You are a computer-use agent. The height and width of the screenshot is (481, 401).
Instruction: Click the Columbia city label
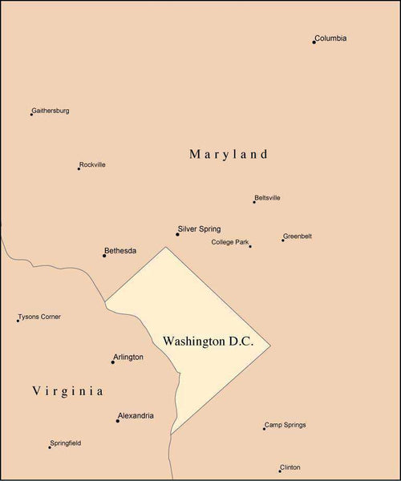point(330,38)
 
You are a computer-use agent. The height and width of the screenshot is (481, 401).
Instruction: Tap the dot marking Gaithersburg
point(31,115)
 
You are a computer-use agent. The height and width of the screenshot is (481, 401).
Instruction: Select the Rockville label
point(92,165)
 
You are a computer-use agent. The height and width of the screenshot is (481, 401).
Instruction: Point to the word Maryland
point(229,154)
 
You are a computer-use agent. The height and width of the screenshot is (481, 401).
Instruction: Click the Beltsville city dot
point(254,202)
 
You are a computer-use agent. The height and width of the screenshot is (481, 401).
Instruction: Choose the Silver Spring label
point(199,229)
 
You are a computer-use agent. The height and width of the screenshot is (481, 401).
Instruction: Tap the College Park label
point(230,242)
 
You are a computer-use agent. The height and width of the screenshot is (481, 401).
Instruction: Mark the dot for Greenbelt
point(282,240)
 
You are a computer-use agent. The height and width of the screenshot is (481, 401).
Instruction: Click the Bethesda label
point(121,251)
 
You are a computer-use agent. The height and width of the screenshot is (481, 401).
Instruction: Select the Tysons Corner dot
point(18,321)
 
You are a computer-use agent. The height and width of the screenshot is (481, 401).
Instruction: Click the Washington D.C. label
point(208,342)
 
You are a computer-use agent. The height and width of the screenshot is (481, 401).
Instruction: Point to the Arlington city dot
point(112,362)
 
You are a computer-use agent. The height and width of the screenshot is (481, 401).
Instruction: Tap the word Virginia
point(68,391)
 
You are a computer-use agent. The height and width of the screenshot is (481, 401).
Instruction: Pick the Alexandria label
point(136,416)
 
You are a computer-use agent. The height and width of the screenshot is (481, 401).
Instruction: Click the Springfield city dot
point(49,447)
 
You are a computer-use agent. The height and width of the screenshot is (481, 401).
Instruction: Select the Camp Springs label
point(286,425)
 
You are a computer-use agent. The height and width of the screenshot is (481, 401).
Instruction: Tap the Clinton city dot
point(280,471)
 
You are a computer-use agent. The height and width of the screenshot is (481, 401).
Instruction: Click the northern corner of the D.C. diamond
point(166,247)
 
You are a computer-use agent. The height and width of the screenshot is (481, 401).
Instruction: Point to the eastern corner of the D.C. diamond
point(270,346)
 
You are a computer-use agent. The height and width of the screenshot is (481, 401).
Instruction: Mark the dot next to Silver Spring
point(177,234)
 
